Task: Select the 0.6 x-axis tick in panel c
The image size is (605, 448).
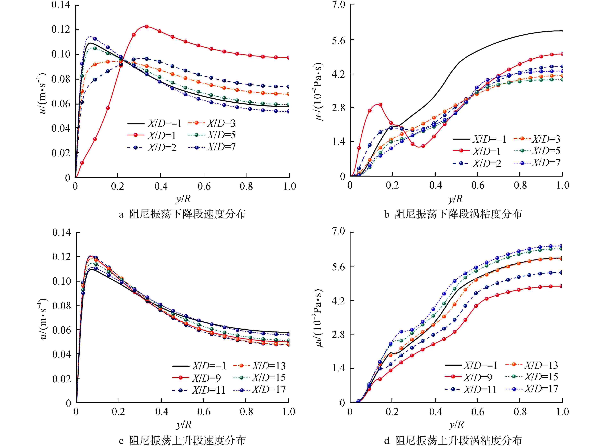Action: (x=204, y=412)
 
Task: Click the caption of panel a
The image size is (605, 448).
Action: (x=182, y=214)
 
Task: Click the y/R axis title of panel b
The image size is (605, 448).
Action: (x=456, y=199)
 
